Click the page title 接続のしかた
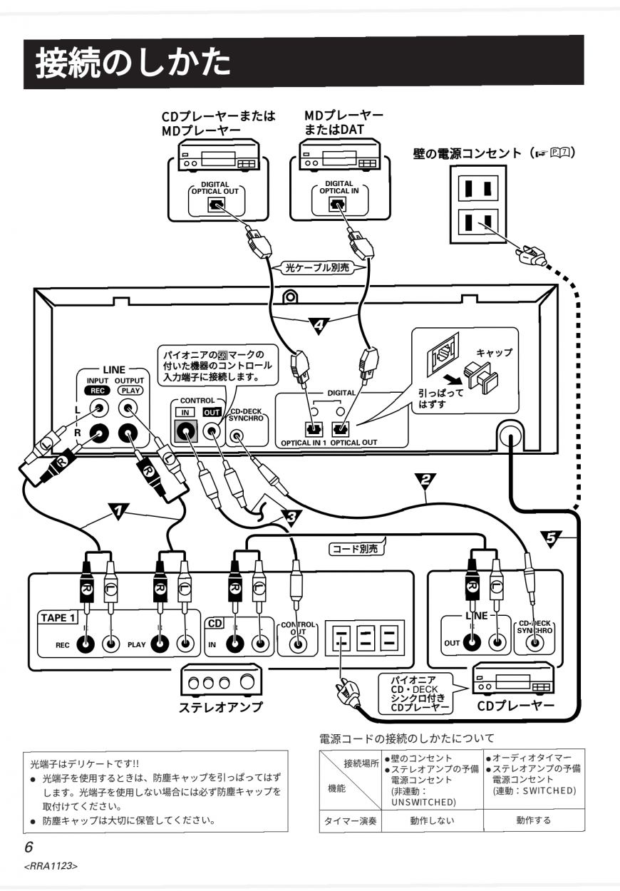coord(133,63)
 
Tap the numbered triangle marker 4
coord(319,325)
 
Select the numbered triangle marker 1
coord(118,511)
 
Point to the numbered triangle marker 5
coord(551,539)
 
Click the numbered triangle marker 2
coord(425,480)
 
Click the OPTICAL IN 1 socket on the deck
coord(314,429)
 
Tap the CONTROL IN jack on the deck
coord(186,431)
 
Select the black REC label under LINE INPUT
coord(98,391)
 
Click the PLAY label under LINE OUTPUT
coord(130,391)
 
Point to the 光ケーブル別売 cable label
coord(317,267)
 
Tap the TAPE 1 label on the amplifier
coord(58,618)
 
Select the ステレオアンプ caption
coord(221,707)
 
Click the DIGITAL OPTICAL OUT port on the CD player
coord(217,205)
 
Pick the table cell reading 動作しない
coord(432,820)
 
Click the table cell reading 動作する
coord(534,820)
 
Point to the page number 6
coord(29,847)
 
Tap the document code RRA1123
coord(51,866)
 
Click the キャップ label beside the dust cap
coord(495,352)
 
